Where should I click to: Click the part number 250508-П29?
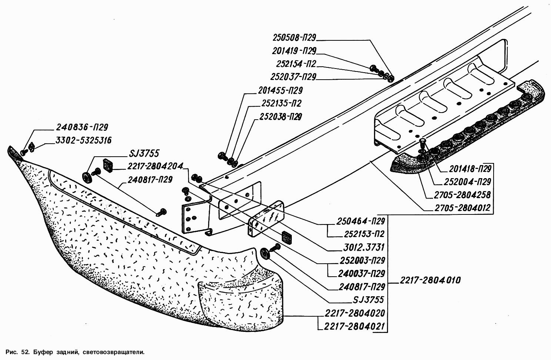294,38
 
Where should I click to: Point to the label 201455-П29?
280,90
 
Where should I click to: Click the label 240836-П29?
82,127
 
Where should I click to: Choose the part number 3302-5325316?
84,140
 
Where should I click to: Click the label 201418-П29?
470,169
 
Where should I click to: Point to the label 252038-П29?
280,117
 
